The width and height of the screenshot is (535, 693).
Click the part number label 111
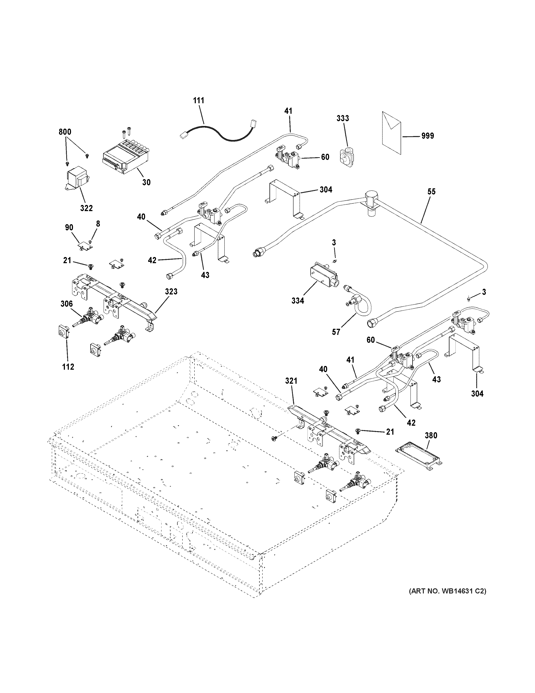click(x=199, y=101)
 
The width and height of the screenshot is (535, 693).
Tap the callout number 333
click(x=343, y=118)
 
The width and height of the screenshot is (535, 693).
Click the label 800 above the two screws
click(x=65, y=132)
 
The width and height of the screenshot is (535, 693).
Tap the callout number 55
click(x=431, y=191)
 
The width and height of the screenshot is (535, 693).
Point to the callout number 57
click(x=336, y=332)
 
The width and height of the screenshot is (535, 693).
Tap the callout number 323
click(x=171, y=291)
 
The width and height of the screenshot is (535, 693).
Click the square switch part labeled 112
click(x=64, y=332)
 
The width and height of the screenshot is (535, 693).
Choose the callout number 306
click(x=67, y=304)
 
